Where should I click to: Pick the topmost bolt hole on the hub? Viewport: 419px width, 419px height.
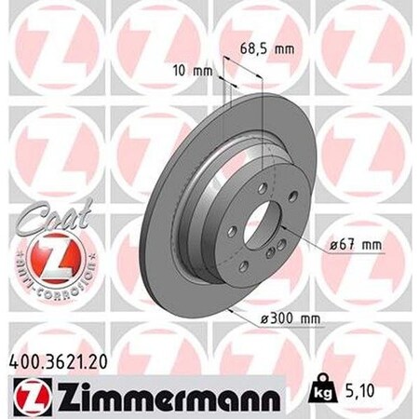[263, 188]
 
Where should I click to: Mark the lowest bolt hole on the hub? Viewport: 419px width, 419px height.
[244, 266]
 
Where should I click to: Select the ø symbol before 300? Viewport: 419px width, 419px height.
[265, 318]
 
